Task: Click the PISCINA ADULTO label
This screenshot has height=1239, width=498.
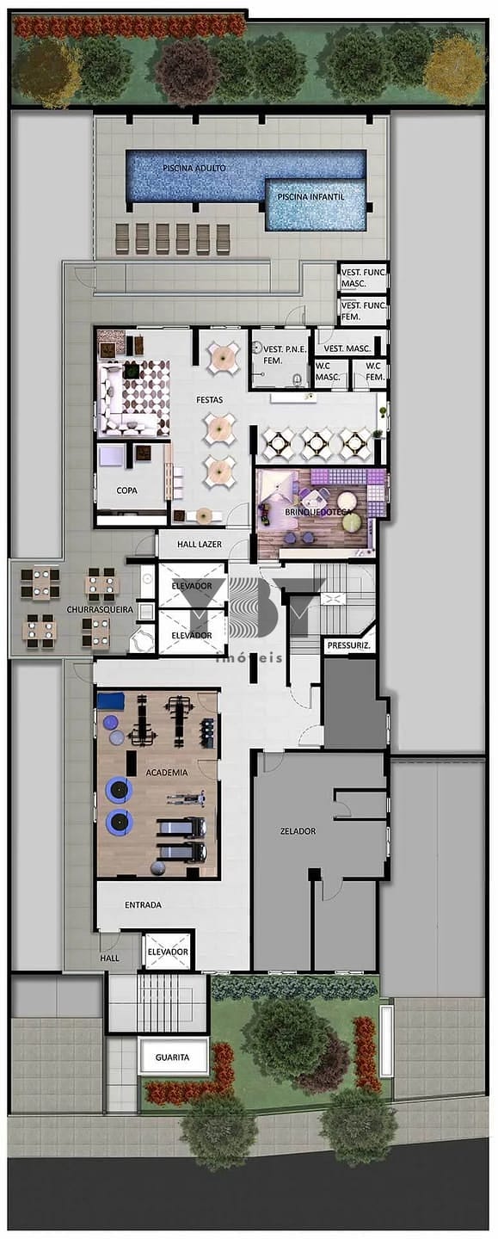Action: pyautogui.click(x=194, y=168)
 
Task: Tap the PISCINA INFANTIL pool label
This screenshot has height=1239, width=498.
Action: pyautogui.click(x=310, y=197)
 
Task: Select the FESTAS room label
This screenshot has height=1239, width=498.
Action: pyautogui.click(x=210, y=399)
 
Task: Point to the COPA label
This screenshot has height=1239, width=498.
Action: pyautogui.click(x=126, y=490)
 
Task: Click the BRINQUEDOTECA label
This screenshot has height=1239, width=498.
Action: pyautogui.click(x=318, y=512)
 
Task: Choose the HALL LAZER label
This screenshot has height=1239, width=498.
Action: pyautogui.click(x=200, y=545)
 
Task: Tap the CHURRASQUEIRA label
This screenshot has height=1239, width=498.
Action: pyautogui.click(x=100, y=609)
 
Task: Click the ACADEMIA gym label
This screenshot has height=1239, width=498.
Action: pyautogui.click(x=166, y=773)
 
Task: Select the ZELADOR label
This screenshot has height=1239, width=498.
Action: pyautogui.click(x=298, y=831)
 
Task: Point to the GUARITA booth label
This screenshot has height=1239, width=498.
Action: pyautogui.click(x=172, y=1057)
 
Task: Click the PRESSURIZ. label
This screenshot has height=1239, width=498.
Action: pyautogui.click(x=348, y=645)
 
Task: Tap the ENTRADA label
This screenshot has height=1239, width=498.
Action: pyautogui.click(x=143, y=905)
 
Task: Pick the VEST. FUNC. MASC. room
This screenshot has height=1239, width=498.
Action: pyautogui.click(x=363, y=278)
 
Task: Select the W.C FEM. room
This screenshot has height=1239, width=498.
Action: pyautogui.click(x=371, y=373)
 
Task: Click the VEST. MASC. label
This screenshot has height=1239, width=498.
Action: pyautogui.click(x=347, y=348)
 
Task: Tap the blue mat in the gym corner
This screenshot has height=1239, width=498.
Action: pyautogui.click(x=112, y=700)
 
